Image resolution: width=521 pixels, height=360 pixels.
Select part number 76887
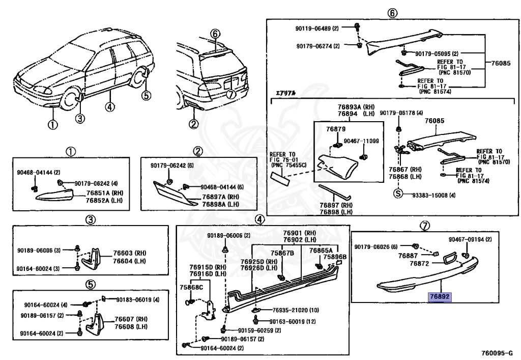[x=408, y=255]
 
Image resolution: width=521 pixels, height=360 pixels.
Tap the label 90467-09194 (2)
[x=470, y=239]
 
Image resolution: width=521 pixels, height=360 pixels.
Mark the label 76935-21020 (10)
[x=296, y=310]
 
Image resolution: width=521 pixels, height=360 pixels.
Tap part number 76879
[x=336, y=129]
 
